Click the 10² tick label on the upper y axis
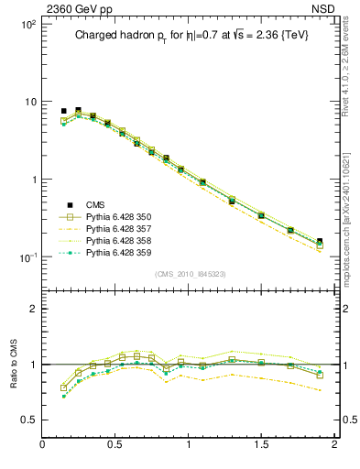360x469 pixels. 27,24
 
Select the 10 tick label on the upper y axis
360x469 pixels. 29,102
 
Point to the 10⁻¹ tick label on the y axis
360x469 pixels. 27,257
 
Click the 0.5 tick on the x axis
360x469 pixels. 115,445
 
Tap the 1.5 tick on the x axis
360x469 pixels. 261,445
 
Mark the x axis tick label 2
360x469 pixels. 333,445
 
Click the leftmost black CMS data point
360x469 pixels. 63,111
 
